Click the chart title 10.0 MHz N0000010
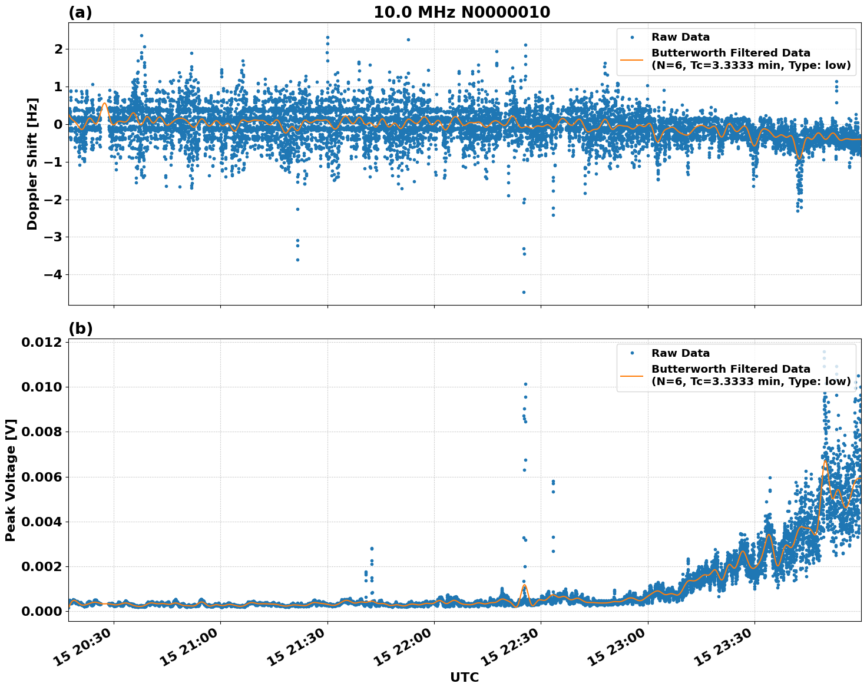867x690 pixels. (462, 12)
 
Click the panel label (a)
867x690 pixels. (80, 12)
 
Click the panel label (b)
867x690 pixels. (80, 329)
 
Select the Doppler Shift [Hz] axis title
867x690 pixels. (32, 164)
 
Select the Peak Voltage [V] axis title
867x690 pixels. (11, 480)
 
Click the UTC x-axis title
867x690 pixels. (464, 677)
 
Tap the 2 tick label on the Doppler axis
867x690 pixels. (58, 49)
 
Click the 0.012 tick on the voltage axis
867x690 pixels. (42, 343)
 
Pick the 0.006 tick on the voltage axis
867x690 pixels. (42, 477)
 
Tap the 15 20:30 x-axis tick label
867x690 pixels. (85, 649)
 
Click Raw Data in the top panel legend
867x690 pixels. (680, 37)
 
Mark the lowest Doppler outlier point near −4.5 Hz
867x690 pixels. (524, 292)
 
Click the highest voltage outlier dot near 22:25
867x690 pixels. (525, 384)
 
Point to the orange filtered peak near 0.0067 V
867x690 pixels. (825, 461)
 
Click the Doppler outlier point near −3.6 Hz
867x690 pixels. (297, 260)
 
